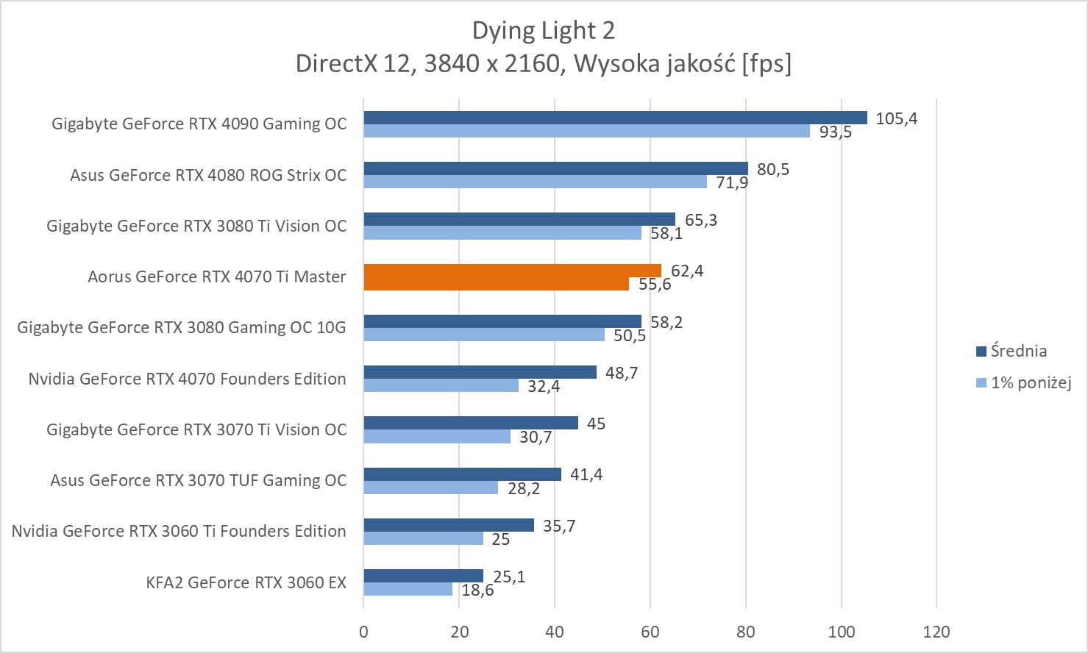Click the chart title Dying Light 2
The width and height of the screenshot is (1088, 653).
pos(543,30)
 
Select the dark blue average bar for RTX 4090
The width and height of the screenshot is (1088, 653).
pos(615,118)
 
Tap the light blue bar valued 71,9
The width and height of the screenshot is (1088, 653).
pos(535,182)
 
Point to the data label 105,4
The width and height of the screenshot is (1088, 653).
pos(896,118)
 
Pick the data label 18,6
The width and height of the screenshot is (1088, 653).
pos(478,590)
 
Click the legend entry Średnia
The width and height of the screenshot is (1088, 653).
pos(1018,352)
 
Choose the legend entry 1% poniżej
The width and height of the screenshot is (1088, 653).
pos(1030,382)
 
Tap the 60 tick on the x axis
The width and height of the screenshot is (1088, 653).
pos(650,632)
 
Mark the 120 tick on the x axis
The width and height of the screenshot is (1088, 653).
pos(936,632)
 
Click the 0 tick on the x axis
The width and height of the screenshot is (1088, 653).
pos(363,632)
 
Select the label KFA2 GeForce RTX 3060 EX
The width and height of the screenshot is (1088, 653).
pos(246,582)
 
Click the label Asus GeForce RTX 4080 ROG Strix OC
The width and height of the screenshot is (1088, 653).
pos(208,175)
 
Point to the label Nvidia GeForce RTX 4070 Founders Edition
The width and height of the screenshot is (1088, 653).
pos(187,379)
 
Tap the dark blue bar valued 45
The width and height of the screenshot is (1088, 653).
pos(471,423)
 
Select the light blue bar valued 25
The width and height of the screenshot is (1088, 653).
pos(423,538)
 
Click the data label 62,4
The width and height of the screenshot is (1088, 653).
pos(687,271)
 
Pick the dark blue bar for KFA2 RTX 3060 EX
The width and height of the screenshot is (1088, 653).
pos(423,576)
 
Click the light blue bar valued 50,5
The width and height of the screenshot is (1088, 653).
pos(484,335)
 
